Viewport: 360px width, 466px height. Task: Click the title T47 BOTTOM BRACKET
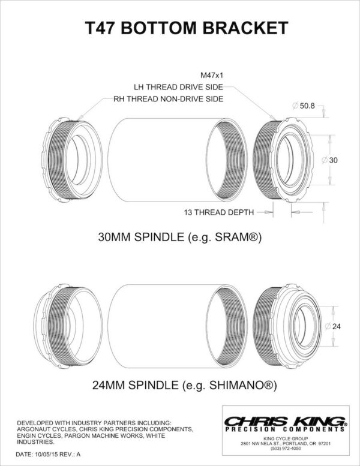pyautogui.click(x=180, y=28)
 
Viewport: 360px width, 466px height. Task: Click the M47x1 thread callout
pyautogui.click(x=213, y=76)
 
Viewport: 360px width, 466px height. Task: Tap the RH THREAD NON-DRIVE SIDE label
pyautogui.click(x=168, y=99)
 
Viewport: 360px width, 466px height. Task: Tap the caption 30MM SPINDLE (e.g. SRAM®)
pyautogui.click(x=180, y=237)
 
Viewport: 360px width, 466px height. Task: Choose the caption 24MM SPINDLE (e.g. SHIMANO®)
pyautogui.click(x=180, y=383)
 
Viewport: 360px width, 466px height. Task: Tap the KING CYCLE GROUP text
pyautogui.click(x=284, y=438)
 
